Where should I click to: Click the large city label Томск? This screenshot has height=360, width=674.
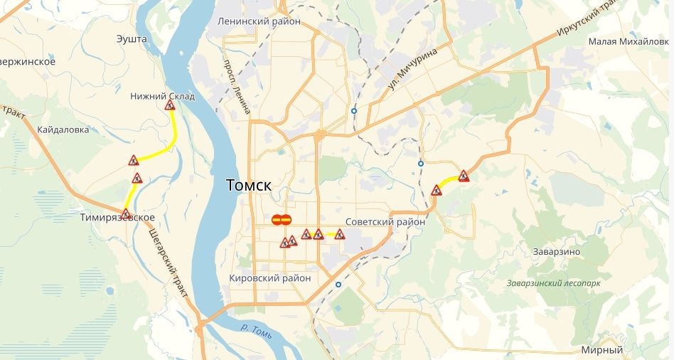click(250, 185)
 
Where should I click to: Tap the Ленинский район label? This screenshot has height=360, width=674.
click(261, 21)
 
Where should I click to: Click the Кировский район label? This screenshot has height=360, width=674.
click(271, 278)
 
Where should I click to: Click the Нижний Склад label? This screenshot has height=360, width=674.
click(162, 96)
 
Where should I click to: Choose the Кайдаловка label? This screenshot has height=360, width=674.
click(63, 129)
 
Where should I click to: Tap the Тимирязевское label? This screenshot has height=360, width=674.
click(117, 218)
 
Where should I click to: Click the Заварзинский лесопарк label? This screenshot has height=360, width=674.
click(554, 282)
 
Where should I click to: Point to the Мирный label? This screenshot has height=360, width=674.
click(601, 350)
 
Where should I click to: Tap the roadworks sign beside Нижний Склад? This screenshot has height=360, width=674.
click(170, 105)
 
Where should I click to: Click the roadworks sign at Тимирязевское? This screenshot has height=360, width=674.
click(126, 213)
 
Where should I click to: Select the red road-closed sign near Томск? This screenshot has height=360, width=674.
click(280, 220)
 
